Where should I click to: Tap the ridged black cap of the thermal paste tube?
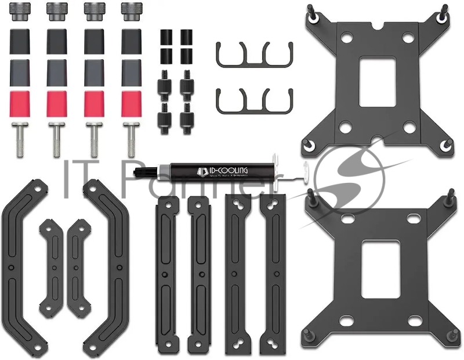pyautogui.click(x=144, y=171)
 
